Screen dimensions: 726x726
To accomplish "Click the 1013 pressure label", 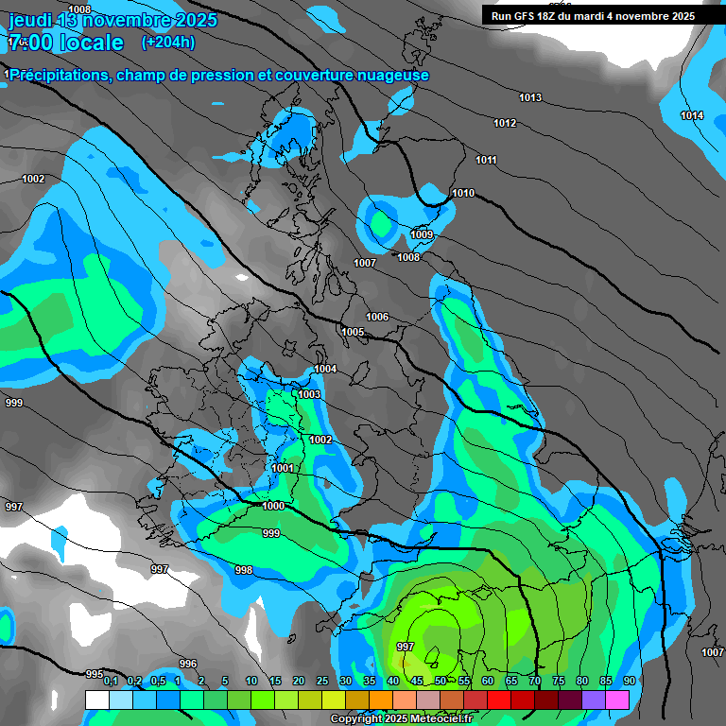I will tap(529, 98).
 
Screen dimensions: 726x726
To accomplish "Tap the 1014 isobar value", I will tap(692, 115).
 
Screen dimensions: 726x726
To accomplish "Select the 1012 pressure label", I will tap(505, 124).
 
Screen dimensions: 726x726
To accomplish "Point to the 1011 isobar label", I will tap(486, 160).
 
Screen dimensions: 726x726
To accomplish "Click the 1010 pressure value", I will tap(463, 193).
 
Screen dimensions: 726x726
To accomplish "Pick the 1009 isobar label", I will tap(422, 234).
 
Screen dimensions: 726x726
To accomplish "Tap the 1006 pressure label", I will tap(377, 317).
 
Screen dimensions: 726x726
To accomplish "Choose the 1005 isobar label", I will tap(354, 333).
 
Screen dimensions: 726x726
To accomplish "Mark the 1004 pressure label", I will tap(325, 369).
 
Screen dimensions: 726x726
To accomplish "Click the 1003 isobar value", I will tap(309, 394).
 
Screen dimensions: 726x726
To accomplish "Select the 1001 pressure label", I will tap(283, 468).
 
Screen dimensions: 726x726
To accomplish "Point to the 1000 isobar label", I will tap(273, 507).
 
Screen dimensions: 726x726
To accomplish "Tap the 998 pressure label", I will tap(244, 570).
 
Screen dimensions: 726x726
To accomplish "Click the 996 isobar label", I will tap(188, 664).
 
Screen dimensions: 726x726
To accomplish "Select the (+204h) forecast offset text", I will tap(167, 43).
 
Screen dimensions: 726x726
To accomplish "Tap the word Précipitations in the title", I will tap(58, 75).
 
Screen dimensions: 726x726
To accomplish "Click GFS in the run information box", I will tap(529, 16).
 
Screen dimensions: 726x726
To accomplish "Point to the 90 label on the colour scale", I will tap(630, 681).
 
